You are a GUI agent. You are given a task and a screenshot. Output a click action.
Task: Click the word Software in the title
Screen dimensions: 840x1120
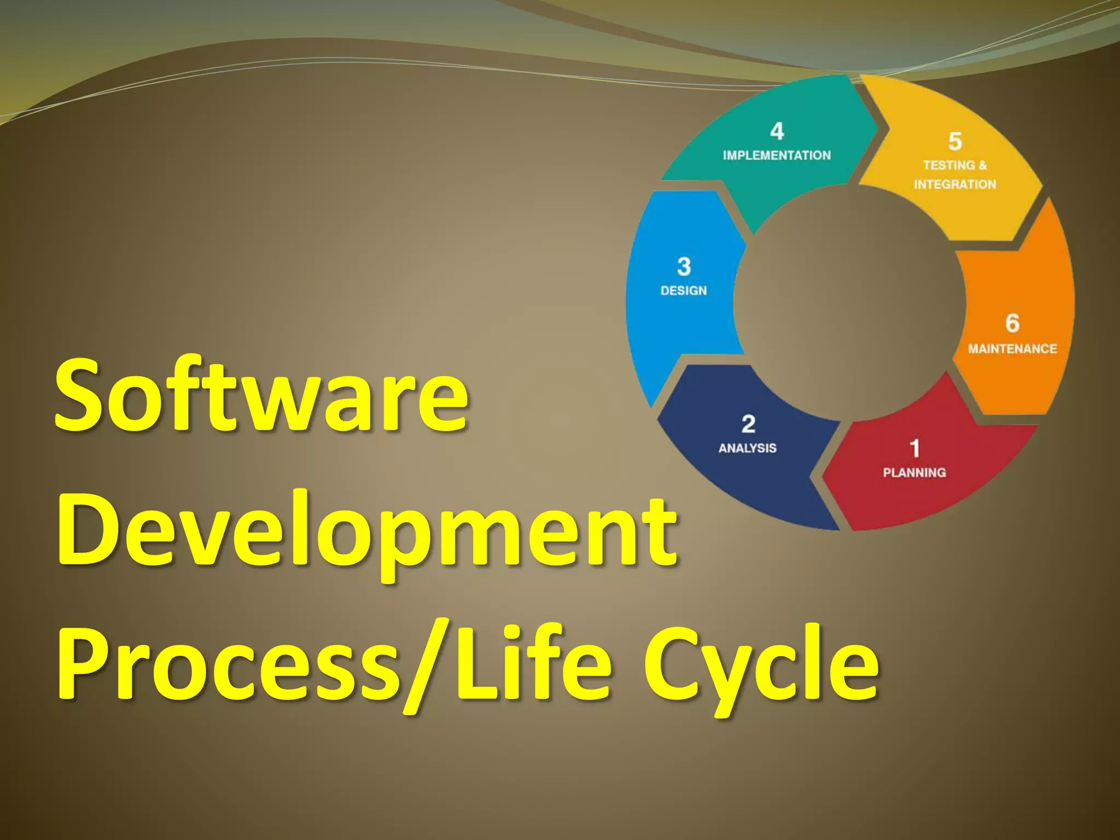click(261, 395)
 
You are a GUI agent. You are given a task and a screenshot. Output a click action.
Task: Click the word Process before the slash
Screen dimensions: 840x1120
click(227, 663)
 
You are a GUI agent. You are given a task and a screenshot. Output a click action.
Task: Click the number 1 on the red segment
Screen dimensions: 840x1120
click(914, 448)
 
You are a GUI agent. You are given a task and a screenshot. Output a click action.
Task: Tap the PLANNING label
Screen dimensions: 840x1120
click(914, 472)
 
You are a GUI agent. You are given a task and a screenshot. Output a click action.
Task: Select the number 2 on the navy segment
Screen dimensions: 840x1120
click(748, 424)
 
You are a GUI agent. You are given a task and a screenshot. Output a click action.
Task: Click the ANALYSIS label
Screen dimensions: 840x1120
click(748, 448)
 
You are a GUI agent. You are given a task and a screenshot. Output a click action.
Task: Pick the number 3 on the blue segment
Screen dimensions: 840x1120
click(684, 267)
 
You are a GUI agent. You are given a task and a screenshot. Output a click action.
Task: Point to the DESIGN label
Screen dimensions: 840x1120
click(684, 290)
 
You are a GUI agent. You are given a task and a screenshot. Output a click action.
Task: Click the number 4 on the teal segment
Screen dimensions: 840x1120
click(777, 131)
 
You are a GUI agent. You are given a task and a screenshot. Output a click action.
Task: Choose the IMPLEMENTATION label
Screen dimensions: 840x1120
click(777, 155)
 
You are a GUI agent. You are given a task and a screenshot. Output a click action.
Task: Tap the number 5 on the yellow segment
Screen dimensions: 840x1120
click(955, 141)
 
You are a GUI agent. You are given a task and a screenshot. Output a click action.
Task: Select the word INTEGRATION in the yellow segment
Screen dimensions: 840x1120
click(955, 184)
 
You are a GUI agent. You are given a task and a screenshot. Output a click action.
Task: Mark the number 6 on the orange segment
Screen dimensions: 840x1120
click(1012, 323)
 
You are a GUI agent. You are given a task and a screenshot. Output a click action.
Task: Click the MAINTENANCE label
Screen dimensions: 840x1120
click(1012, 348)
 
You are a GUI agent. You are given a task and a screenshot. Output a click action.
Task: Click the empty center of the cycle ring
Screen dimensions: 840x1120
click(849, 302)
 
